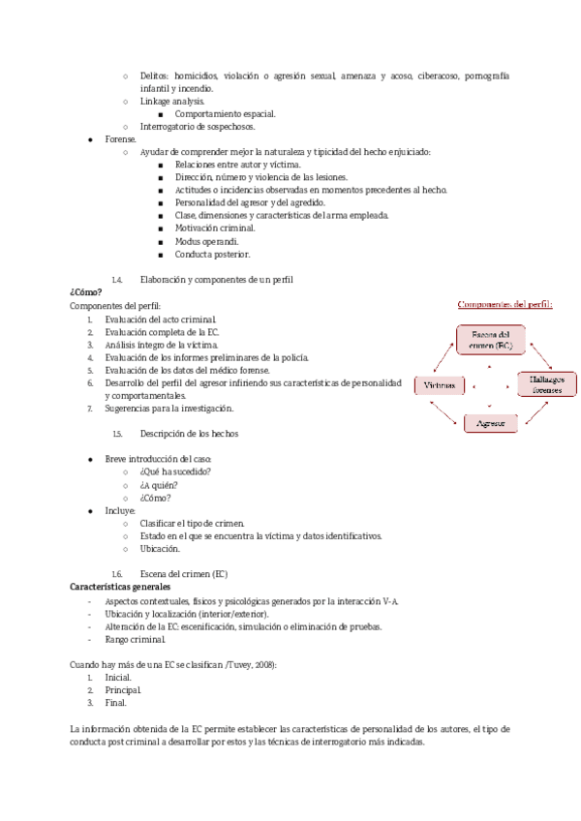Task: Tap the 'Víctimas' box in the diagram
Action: click(x=440, y=385)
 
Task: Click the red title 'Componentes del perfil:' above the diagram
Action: click(x=505, y=304)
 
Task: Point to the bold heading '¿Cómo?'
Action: click(x=86, y=291)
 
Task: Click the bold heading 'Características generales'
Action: click(x=120, y=587)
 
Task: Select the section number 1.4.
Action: click(x=117, y=279)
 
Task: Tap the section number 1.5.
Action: click(x=117, y=433)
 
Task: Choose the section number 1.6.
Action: click(x=117, y=573)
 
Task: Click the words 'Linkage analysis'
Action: click(x=172, y=101)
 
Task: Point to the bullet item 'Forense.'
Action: click(x=121, y=139)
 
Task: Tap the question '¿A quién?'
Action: click(x=161, y=484)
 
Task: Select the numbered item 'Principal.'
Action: click(x=124, y=689)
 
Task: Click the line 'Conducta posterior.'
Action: click(x=212, y=254)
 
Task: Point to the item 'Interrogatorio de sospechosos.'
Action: click(x=198, y=127)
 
